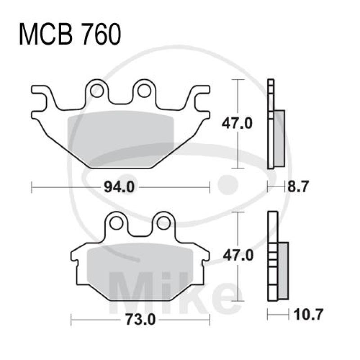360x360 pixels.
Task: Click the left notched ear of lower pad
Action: point(74,259)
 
